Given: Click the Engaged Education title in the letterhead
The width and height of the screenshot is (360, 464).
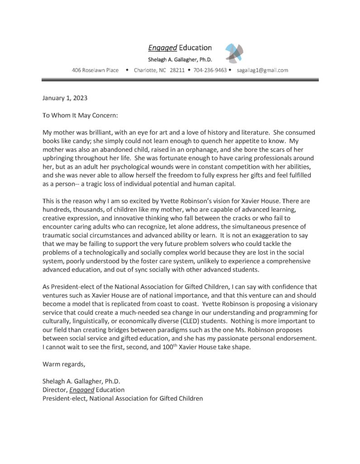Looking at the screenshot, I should (180, 48).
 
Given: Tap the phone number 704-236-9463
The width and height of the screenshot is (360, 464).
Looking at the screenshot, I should (210, 70).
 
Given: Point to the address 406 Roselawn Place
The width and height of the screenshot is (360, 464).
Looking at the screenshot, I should (95, 70).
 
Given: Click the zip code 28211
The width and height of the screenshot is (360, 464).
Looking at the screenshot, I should (177, 70).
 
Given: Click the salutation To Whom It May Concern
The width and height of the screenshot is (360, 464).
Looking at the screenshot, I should (80, 115).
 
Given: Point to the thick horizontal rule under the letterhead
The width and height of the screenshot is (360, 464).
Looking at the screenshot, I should (180, 80).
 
